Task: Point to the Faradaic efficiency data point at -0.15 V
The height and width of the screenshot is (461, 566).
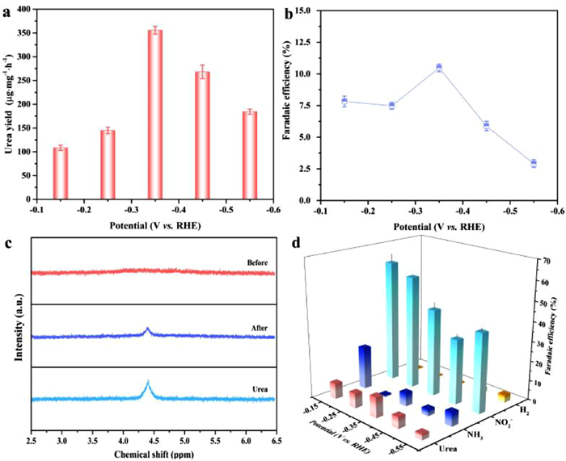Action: tap(344, 102)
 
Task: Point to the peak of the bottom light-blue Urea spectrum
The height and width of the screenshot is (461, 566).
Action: tap(148, 382)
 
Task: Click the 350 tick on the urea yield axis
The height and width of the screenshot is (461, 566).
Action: tap(21, 33)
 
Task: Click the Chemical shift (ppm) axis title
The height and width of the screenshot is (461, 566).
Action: tap(154, 454)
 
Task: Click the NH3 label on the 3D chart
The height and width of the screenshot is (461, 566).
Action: tap(476, 434)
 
